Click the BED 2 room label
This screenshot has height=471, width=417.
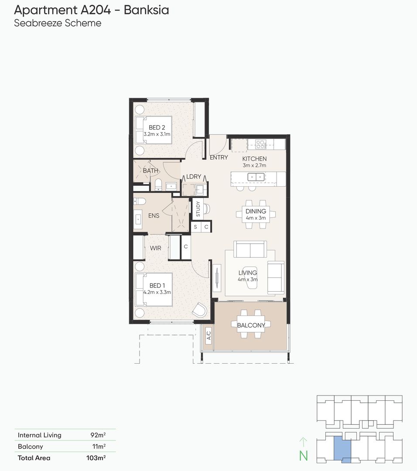click(157, 127)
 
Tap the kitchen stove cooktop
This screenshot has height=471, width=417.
click(261, 143)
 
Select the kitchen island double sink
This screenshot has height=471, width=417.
click(255, 177)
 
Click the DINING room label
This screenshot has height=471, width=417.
click(256, 211)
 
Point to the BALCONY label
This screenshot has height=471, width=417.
click(251, 325)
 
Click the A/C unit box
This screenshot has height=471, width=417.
click(208, 335)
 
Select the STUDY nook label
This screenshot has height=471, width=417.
click(198, 209)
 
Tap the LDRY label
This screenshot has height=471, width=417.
click(194, 177)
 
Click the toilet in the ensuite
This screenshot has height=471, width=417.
click(139, 202)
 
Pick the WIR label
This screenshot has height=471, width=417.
click(156, 248)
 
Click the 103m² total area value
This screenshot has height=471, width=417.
click(96, 458)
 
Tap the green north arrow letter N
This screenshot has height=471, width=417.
click(303, 456)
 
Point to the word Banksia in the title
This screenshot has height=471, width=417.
click(146, 10)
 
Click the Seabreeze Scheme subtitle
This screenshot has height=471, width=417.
click(58, 23)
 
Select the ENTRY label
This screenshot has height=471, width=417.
click(219, 157)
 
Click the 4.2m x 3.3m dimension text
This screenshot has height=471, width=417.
click(157, 292)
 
